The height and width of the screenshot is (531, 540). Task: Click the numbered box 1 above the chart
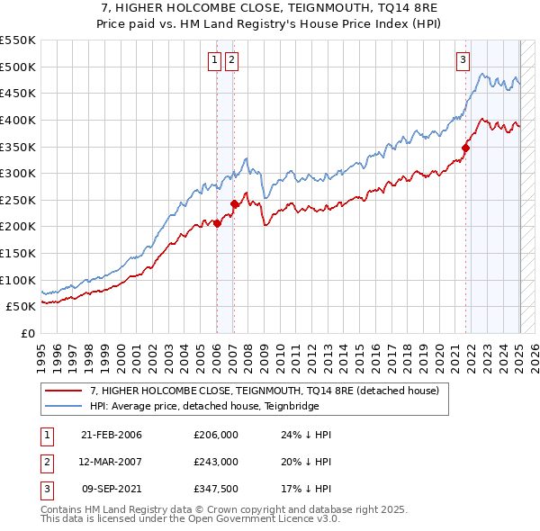(215, 60)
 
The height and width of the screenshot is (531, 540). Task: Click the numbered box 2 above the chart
(231, 60)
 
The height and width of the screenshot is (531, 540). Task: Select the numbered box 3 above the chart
(463, 60)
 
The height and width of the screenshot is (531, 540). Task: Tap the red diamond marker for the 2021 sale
(466, 148)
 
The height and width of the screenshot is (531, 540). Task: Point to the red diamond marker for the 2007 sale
(234, 203)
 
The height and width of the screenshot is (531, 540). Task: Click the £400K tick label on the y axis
(18, 120)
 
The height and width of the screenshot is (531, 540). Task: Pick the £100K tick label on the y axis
(18, 280)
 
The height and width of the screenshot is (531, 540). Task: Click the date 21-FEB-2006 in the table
(111, 435)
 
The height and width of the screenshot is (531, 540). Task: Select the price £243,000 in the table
(215, 461)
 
